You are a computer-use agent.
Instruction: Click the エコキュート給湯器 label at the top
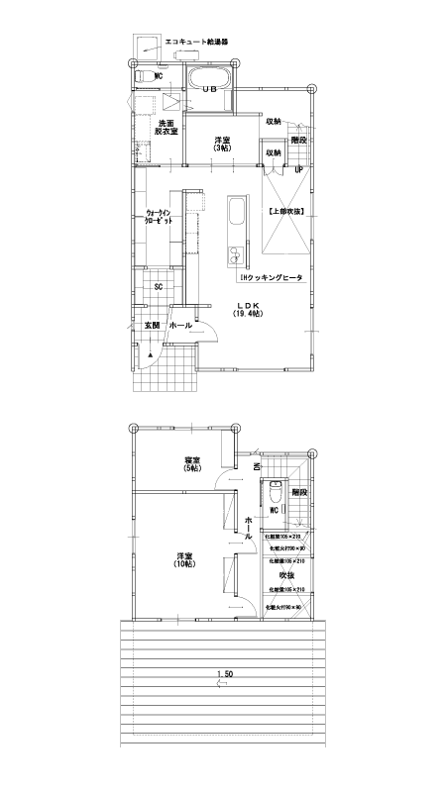[x=196, y=44]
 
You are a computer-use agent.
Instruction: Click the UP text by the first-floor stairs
[x=298, y=169]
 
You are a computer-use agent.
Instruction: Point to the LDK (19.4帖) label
[x=247, y=309]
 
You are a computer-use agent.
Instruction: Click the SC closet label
[x=158, y=287]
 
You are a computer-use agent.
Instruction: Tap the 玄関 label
[x=152, y=325]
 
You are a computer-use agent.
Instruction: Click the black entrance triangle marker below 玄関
[x=151, y=353]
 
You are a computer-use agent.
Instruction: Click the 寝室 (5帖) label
[x=192, y=464]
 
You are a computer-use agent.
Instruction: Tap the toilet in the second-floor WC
[x=275, y=490]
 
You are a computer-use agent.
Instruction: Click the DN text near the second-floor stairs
[x=256, y=466]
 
